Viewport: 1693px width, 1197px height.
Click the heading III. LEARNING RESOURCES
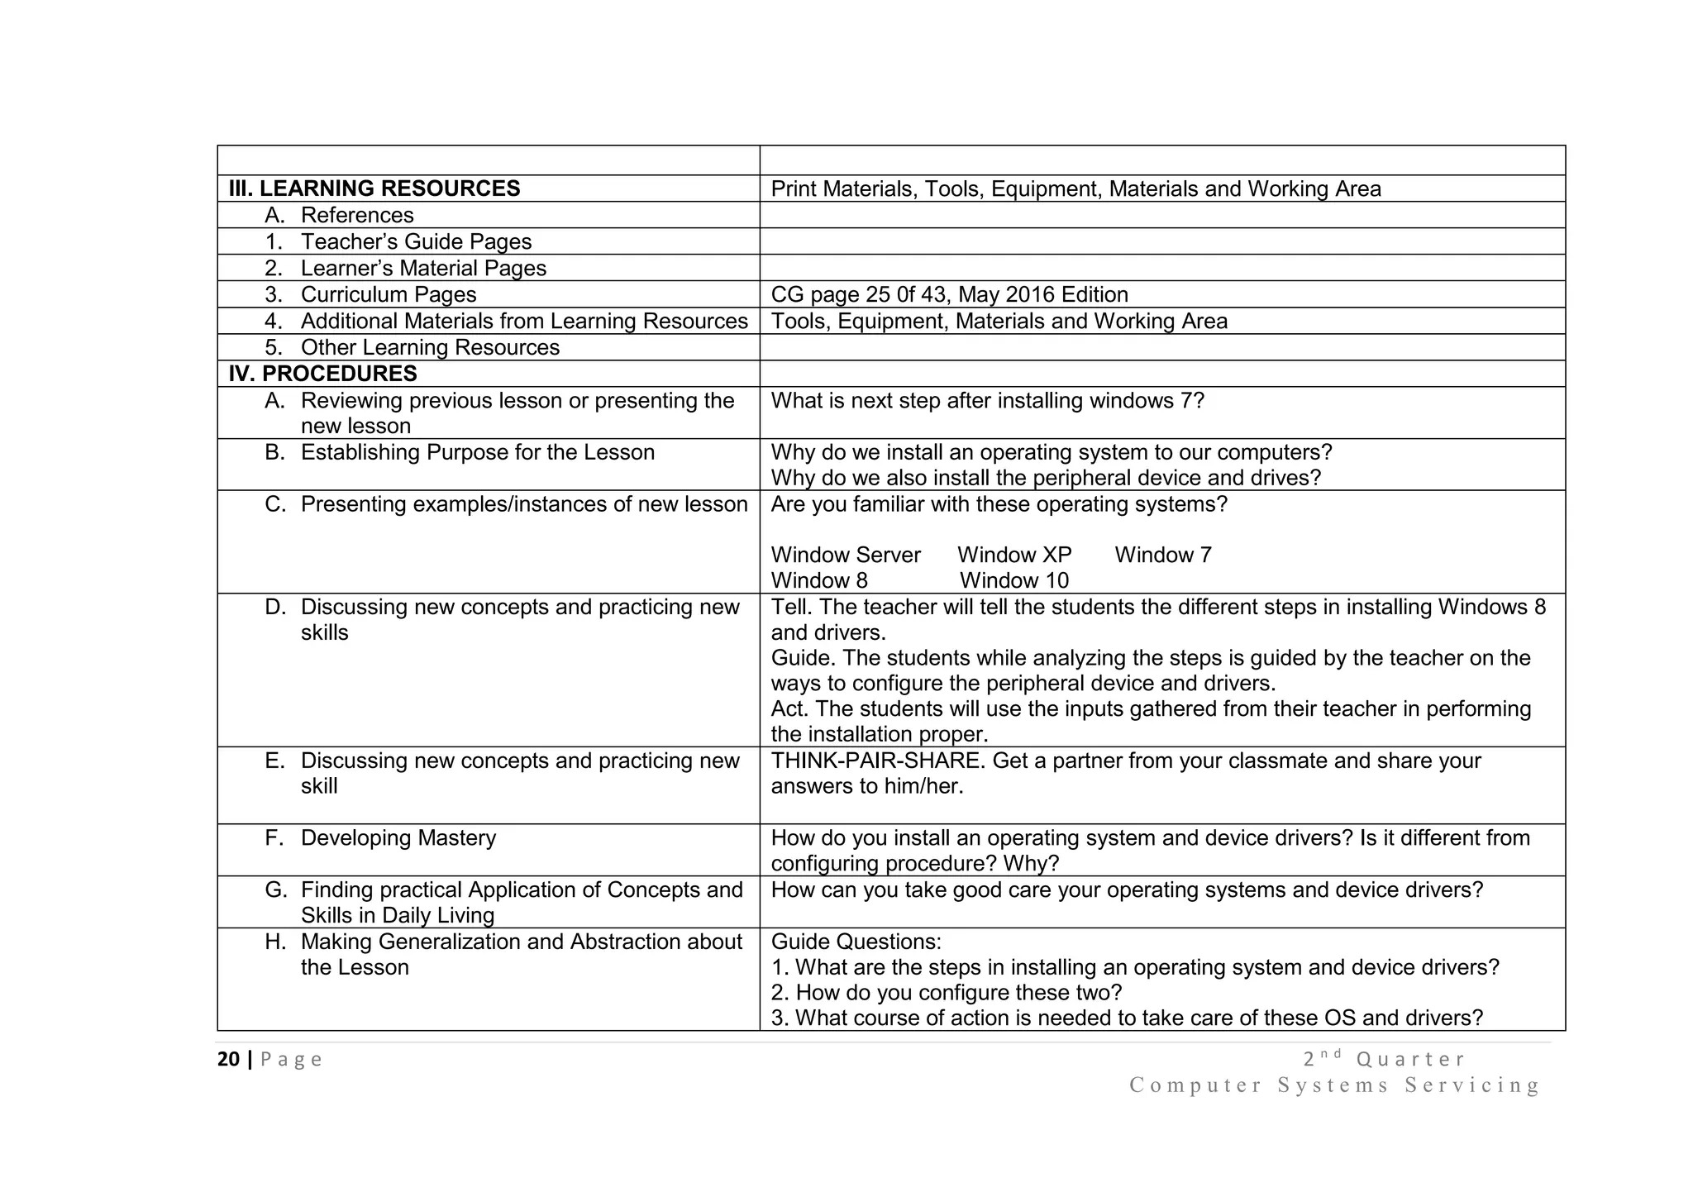point(374,188)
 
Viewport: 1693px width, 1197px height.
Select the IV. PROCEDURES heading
point(322,374)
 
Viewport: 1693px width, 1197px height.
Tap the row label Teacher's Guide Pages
point(416,241)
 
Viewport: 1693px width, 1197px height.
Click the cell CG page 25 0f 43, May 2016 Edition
point(949,294)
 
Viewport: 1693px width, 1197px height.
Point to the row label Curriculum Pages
point(389,294)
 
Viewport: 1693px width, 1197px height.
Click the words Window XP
point(1014,555)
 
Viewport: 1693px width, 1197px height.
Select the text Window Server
point(846,555)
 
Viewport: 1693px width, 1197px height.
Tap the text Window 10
point(1014,580)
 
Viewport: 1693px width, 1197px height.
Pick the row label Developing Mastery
point(398,837)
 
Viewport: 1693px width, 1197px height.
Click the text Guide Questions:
point(856,942)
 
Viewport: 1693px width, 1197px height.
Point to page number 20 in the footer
point(228,1059)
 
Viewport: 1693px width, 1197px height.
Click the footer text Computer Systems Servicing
point(1335,1085)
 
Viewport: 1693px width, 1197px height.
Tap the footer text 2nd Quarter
point(1383,1059)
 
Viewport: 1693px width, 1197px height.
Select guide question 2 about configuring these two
point(947,992)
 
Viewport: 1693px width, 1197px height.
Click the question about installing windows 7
point(987,400)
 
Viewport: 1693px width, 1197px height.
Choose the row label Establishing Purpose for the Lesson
point(477,452)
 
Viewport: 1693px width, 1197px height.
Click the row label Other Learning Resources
point(430,347)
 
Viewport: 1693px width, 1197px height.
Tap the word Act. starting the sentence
point(789,708)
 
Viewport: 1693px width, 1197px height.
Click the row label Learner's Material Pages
point(423,268)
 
